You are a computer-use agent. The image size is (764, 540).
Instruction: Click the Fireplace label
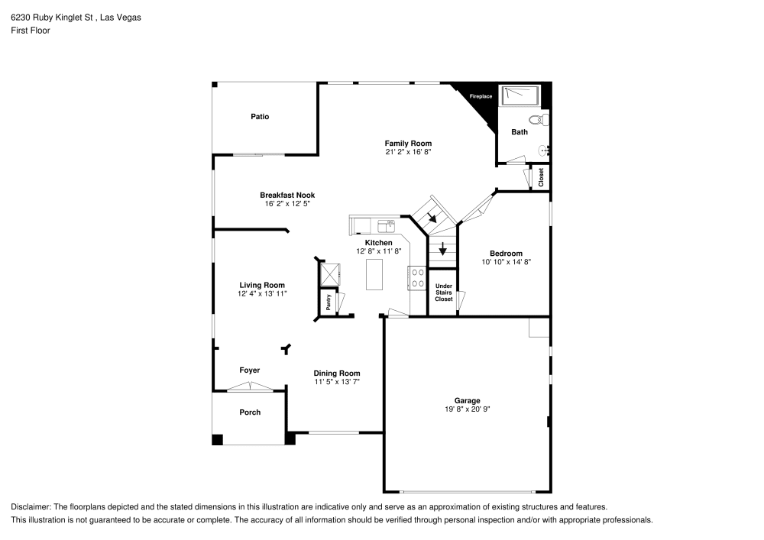click(x=481, y=96)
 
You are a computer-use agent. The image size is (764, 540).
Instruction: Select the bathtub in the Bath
click(x=520, y=95)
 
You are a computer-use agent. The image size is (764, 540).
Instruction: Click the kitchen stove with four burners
click(x=418, y=278)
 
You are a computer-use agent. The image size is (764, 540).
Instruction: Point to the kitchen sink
click(x=387, y=226)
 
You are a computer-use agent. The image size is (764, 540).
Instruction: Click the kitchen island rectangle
click(x=374, y=275)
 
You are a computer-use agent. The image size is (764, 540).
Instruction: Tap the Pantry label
click(x=329, y=302)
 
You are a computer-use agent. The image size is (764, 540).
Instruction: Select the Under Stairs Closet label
click(x=443, y=293)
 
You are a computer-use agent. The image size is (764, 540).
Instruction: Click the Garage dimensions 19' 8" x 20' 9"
click(x=468, y=409)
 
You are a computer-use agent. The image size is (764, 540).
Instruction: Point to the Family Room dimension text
click(x=408, y=152)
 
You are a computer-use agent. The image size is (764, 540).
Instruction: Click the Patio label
click(x=260, y=116)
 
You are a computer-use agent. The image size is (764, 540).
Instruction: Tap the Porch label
click(x=250, y=412)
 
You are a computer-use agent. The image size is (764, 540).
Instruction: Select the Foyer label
click(x=250, y=370)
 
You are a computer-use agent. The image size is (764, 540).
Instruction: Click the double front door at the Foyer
click(x=250, y=386)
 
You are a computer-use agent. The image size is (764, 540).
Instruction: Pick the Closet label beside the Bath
click(x=541, y=177)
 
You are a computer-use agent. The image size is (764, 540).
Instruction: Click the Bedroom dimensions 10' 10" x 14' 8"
click(x=507, y=262)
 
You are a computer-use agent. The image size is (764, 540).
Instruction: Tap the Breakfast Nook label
click(x=287, y=196)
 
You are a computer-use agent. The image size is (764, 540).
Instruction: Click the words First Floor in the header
click(x=31, y=31)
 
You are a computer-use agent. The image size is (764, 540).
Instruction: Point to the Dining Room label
click(x=337, y=373)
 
